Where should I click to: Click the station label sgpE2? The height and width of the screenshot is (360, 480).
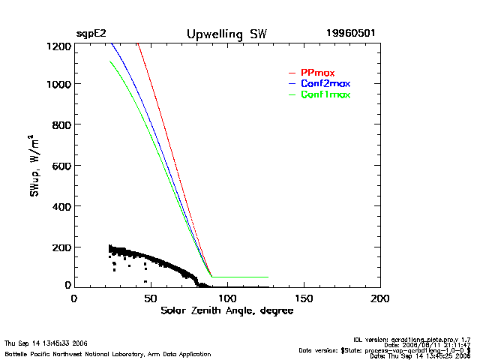click(90, 34)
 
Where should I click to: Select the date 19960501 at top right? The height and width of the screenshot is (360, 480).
click(351, 34)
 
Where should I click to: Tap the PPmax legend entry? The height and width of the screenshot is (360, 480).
click(317, 72)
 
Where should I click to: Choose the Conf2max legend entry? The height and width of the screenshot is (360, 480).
click(325, 83)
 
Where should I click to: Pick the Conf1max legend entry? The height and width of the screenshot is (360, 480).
click(325, 94)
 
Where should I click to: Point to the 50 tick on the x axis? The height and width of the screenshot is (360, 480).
click(151, 298)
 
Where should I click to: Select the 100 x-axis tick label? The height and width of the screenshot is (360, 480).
click(227, 298)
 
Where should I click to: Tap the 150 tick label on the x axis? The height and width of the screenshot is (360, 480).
click(304, 298)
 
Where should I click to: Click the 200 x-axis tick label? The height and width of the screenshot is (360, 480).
click(380, 298)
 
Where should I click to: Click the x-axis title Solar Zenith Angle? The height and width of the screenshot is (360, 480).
click(226, 310)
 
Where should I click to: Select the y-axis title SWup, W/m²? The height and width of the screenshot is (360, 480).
click(34, 166)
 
